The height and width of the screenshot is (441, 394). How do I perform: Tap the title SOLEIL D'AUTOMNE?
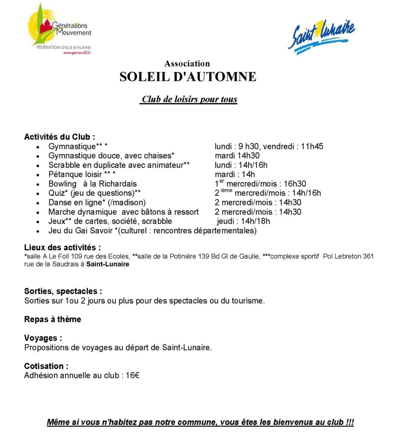[x=188, y=77]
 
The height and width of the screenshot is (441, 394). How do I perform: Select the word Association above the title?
[x=187, y=64]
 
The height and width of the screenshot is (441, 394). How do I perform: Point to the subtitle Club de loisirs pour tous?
[x=189, y=99]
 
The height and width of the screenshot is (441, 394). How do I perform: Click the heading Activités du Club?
[x=59, y=137]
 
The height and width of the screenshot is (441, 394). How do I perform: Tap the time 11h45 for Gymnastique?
[x=312, y=146]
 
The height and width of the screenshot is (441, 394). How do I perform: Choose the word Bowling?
[x=62, y=184]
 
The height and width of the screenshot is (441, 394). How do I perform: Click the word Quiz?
[x=56, y=193]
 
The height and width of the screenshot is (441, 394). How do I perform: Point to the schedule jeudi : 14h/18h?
[x=243, y=221]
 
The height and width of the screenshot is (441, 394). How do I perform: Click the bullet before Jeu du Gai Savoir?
[x=39, y=231]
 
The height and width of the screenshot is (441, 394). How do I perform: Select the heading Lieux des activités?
[x=63, y=248]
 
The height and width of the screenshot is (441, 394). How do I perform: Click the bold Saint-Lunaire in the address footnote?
[x=108, y=264]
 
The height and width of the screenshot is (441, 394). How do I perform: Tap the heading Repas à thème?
[x=52, y=320]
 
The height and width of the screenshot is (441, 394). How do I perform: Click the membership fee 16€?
[x=132, y=376]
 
